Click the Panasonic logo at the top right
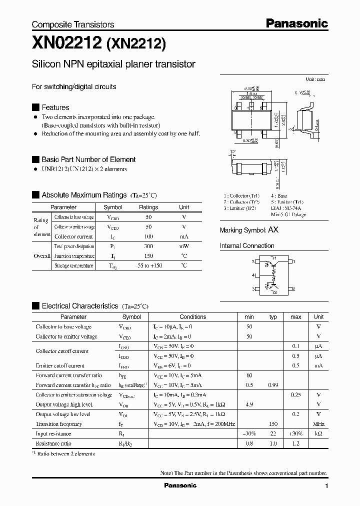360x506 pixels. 296,23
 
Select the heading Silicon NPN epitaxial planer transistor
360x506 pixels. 113,64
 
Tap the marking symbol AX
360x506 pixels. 273,230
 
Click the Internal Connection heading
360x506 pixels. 247,246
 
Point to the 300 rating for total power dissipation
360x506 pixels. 148,246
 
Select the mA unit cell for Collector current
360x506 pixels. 184,236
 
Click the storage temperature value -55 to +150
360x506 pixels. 148,266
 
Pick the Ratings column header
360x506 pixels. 148,207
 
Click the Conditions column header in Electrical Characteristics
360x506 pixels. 192,317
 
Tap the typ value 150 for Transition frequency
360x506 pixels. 273,424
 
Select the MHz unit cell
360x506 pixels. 318,424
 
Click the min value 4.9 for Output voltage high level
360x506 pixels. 249,404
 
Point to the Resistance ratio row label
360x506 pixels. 53,443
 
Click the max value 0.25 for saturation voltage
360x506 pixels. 295,395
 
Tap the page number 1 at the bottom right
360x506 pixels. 326,486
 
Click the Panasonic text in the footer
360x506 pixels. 180,485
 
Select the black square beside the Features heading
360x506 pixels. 35,107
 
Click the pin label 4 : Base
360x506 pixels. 279,196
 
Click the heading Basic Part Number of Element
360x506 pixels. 88,159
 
